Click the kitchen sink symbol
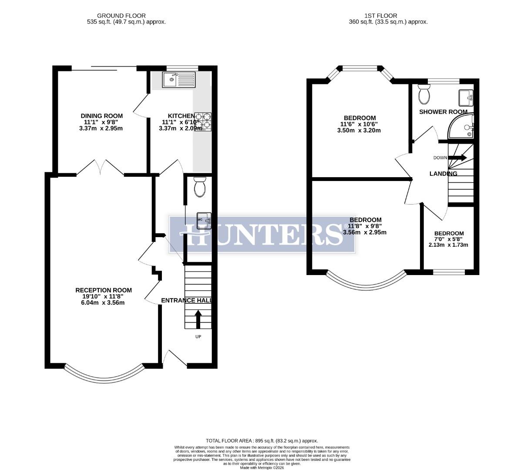click(x=179, y=80)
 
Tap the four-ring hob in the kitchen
click(x=203, y=122)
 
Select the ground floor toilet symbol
click(x=200, y=187)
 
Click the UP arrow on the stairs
click(x=198, y=319)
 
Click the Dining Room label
click(x=102, y=116)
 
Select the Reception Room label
click(x=104, y=290)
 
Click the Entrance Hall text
click(x=186, y=300)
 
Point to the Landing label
click(x=443, y=174)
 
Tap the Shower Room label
click(x=443, y=112)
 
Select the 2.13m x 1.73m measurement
click(x=448, y=245)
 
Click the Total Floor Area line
click(x=262, y=440)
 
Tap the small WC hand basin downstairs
click(x=204, y=220)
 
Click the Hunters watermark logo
click(x=262, y=234)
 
